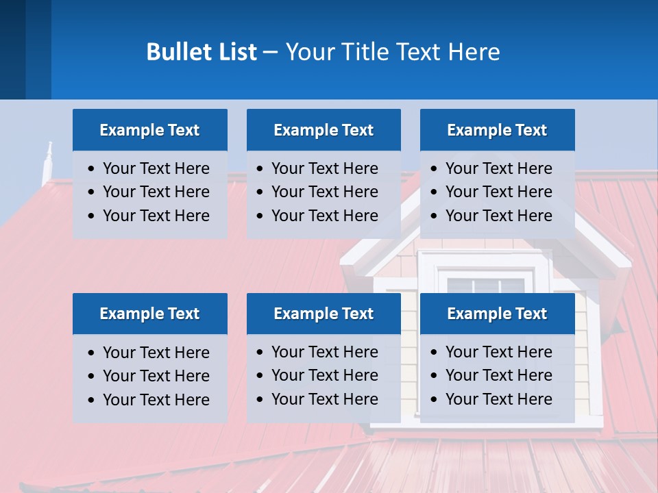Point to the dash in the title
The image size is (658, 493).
(x=270, y=53)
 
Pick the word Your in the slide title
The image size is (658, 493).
(x=308, y=52)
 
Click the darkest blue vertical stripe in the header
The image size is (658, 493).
(x=12, y=49)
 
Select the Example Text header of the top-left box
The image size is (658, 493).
(x=149, y=130)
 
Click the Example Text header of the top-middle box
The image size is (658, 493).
(x=324, y=130)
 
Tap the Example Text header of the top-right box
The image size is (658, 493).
(x=497, y=130)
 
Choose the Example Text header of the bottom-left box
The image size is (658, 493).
(x=149, y=314)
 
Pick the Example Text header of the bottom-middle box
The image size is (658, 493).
(x=324, y=314)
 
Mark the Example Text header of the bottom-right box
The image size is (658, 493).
(x=497, y=314)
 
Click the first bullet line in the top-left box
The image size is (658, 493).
(x=156, y=168)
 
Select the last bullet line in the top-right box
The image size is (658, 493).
(x=498, y=216)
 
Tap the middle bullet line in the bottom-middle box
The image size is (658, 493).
(x=324, y=375)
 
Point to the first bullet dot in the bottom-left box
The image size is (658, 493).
(x=92, y=353)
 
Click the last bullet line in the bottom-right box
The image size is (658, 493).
(x=498, y=399)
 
